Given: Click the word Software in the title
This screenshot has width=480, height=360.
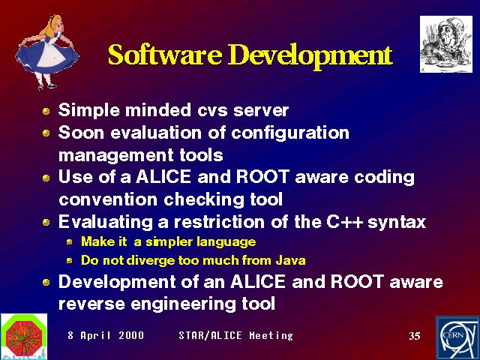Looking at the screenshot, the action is (x=165, y=55).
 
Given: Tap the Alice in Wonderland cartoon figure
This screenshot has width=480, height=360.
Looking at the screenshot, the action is (x=46, y=52).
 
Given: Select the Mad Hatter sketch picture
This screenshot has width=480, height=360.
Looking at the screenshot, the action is (x=446, y=44).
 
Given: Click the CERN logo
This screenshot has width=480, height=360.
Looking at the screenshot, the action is (x=458, y=338).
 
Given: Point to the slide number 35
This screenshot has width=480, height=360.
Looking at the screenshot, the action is (x=415, y=336).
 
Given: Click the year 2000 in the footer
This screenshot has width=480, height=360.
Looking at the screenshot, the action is (x=131, y=335).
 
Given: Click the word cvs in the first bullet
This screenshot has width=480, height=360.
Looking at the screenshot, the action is (x=212, y=110).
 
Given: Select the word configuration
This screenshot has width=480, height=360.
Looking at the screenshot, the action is (x=290, y=133).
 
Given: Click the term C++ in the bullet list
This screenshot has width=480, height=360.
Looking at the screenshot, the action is (x=344, y=221).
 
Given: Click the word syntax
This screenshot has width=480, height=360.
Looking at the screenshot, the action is (x=397, y=223).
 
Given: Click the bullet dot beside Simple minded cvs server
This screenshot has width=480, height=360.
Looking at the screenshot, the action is (x=46, y=111).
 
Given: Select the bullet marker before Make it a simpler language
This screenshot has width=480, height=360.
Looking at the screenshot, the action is (x=70, y=242).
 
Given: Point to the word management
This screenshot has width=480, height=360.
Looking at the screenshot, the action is (x=115, y=156).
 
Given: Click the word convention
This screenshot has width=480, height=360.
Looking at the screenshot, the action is (x=108, y=200).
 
